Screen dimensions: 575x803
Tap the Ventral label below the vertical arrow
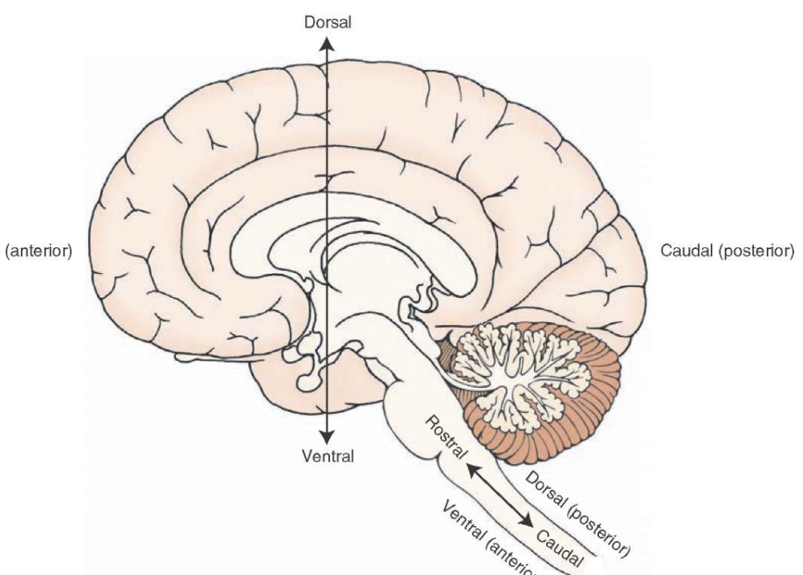click(x=328, y=457)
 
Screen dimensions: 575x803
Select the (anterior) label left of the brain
click(x=38, y=251)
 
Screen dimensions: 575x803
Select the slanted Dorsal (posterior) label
click(x=577, y=514)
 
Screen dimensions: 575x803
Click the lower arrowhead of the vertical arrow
click(x=328, y=435)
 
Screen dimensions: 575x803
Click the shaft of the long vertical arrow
click(x=328, y=161)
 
